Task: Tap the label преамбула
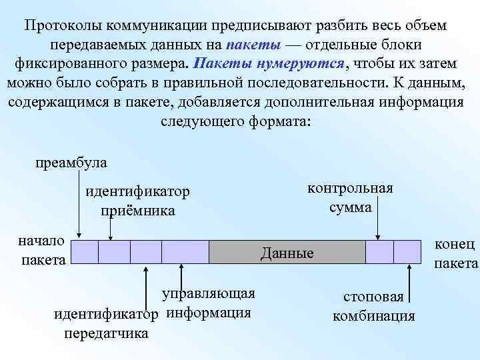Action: pos(71,163)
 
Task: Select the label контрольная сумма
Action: pos(350,197)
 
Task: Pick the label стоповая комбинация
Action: pos(373,306)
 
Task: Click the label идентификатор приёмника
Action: pos(138,201)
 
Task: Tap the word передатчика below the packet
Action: pos(106,333)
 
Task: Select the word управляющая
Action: pos(209,294)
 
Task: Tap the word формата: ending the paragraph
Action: pos(283,122)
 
